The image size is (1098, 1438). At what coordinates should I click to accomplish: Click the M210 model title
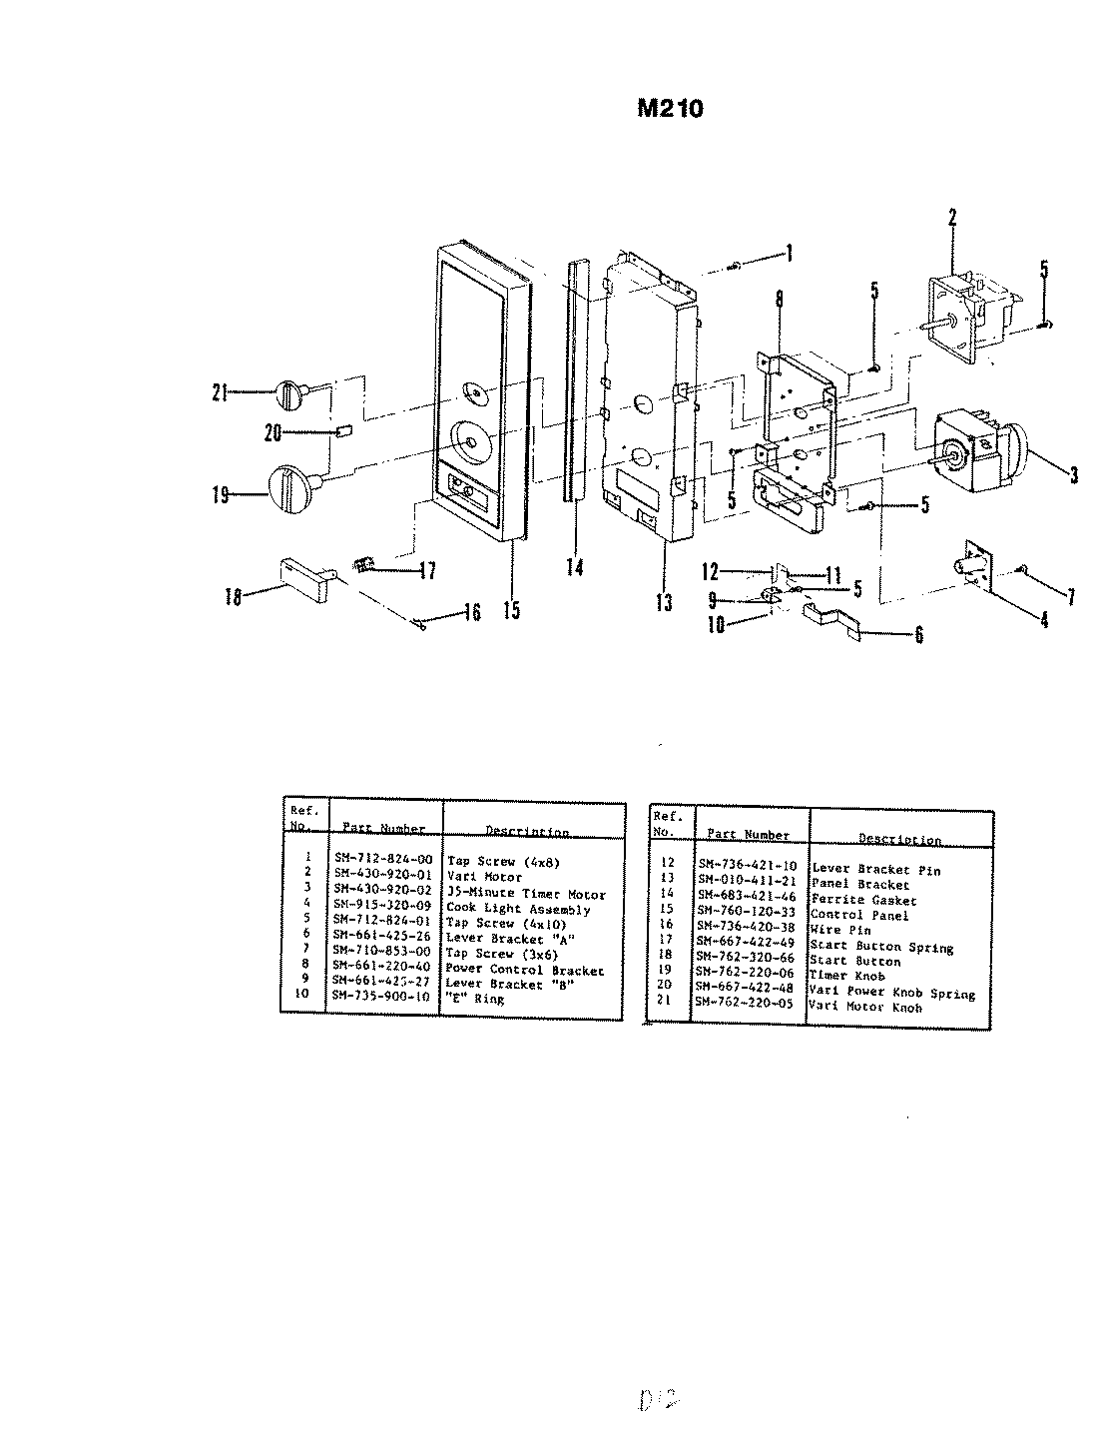point(670,108)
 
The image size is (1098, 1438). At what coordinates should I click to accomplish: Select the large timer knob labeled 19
point(292,491)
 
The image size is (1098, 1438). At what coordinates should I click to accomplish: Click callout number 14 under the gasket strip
point(574,566)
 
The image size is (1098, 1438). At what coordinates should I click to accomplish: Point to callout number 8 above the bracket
point(779,298)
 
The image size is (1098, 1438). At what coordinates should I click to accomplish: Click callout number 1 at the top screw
point(789,254)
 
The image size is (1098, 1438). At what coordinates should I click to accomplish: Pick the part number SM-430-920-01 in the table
point(383,877)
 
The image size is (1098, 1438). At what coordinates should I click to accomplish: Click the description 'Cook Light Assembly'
point(519,909)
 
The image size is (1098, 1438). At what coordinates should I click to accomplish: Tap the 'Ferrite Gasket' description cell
point(849,900)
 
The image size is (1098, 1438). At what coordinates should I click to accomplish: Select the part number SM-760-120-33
point(746,912)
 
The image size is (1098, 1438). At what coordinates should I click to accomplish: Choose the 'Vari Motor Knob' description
point(866,1007)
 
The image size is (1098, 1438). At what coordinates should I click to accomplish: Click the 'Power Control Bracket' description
point(525,970)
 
